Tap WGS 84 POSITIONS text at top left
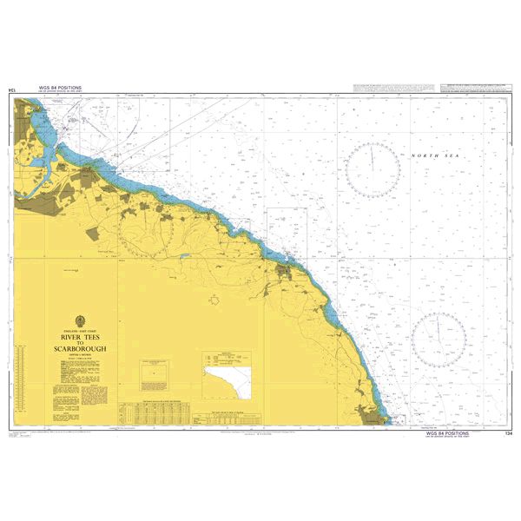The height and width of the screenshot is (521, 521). coord(60,88)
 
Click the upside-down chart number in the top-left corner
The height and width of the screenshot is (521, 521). coord(11,89)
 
